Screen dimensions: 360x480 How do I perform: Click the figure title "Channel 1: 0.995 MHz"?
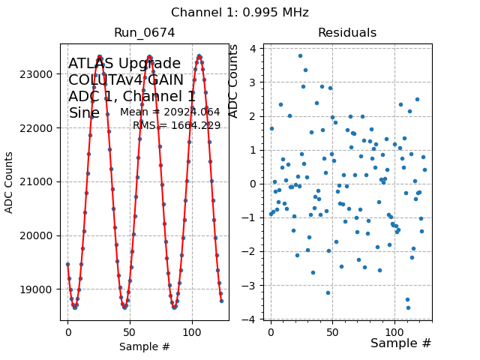(x=239, y=13)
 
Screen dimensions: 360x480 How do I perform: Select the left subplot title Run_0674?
(x=144, y=33)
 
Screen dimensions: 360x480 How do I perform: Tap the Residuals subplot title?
(x=346, y=33)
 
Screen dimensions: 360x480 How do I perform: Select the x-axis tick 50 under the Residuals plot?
(x=332, y=330)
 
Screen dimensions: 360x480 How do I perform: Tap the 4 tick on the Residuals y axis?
(x=255, y=49)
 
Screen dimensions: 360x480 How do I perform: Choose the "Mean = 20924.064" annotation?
(x=169, y=112)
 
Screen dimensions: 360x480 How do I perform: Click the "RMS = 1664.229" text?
(x=176, y=126)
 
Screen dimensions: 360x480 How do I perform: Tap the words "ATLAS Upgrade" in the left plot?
(x=124, y=64)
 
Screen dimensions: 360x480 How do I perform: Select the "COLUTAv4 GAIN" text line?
(x=126, y=80)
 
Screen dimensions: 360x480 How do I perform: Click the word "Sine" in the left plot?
(x=84, y=113)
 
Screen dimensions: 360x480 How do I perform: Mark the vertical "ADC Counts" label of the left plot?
(x=10, y=182)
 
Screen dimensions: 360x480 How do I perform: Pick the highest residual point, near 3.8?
(x=300, y=55)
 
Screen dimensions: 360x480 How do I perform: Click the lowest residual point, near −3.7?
(x=408, y=307)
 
